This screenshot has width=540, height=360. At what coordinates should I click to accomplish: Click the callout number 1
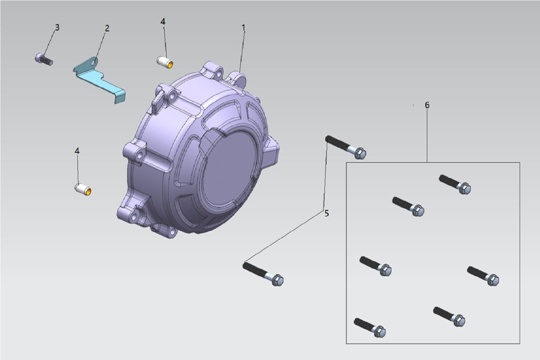(x=243, y=28)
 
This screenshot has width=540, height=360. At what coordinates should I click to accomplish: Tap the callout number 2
(x=107, y=28)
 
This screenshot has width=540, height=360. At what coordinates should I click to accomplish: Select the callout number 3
(x=57, y=27)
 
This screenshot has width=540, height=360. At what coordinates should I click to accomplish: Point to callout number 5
(x=327, y=213)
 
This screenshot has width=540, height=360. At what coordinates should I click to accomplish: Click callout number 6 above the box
(x=427, y=105)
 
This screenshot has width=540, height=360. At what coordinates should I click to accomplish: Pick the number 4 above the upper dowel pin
(x=163, y=22)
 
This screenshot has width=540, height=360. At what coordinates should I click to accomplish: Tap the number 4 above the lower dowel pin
(x=77, y=151)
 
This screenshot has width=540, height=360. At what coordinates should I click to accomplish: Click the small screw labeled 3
(x=44, y=59)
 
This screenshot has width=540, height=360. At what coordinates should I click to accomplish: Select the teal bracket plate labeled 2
(x=99, y=80)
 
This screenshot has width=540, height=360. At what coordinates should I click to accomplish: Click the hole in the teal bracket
(x=93, y=63)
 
